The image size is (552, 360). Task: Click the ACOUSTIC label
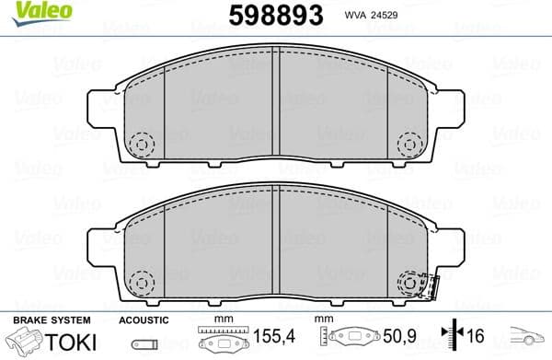coord(144,319)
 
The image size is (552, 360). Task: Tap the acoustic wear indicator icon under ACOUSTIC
coord(143,345)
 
